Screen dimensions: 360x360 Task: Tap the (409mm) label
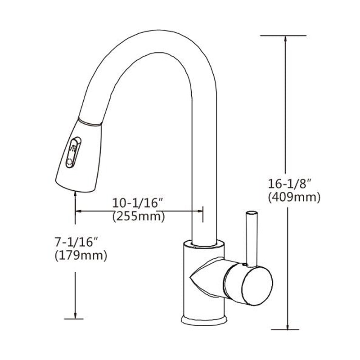(x=293, y=197)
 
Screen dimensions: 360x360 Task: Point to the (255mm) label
(x=138, y=216)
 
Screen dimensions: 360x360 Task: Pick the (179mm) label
(x=80, y=256)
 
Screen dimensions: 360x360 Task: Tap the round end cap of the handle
(x=257, y=283)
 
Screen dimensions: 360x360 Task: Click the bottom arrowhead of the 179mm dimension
(x=75, y=315)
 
